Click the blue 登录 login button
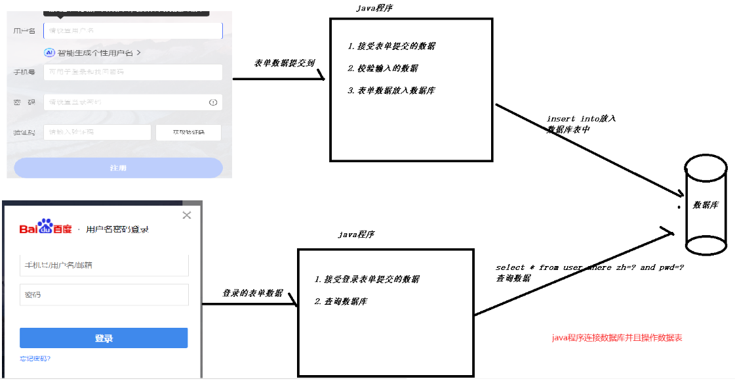click(104, 338)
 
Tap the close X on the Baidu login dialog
click(187, 215)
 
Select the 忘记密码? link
click(35, 359)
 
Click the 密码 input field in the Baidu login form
click(104, 295)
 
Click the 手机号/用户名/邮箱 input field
click(104, 265)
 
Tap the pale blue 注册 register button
click(118, 168)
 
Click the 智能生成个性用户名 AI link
click(92, 53)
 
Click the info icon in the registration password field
click(213, 102)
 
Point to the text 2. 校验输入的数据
click(383, 68)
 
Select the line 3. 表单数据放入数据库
click(391, 91)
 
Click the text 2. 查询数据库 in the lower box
click(341, 302)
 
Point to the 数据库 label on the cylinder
click(705, 205)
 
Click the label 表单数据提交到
click(285, 64)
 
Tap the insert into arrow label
click(581, 124)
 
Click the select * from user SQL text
click(590, 268)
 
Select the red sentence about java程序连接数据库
click(617, 338)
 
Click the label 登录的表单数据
click(252, 293)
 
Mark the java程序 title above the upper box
click(374, 8)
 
